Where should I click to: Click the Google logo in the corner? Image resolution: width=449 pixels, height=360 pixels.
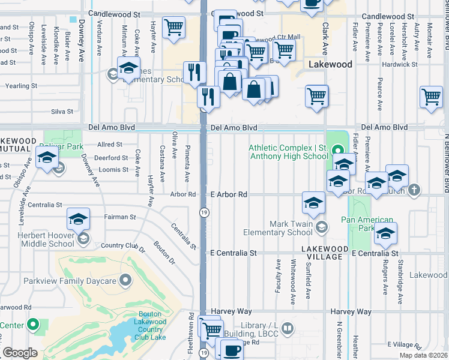(x=20, y=353)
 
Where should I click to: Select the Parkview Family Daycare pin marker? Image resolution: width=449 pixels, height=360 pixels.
(x=125, y=280)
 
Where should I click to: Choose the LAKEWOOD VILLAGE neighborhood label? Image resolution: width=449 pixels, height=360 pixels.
(x=325, y=253)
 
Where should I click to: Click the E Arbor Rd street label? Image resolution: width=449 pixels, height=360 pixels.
(x=229, y=194)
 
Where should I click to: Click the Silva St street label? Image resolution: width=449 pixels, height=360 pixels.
(x=62, y=112)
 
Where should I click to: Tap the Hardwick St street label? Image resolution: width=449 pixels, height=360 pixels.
(x=400, y=64)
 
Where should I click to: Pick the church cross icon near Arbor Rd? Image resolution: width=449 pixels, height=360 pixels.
(x=413, y=190)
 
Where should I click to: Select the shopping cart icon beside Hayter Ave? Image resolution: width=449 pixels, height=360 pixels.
(x=173, y=27)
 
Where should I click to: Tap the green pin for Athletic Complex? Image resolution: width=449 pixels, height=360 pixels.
(x=337, y=151)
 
